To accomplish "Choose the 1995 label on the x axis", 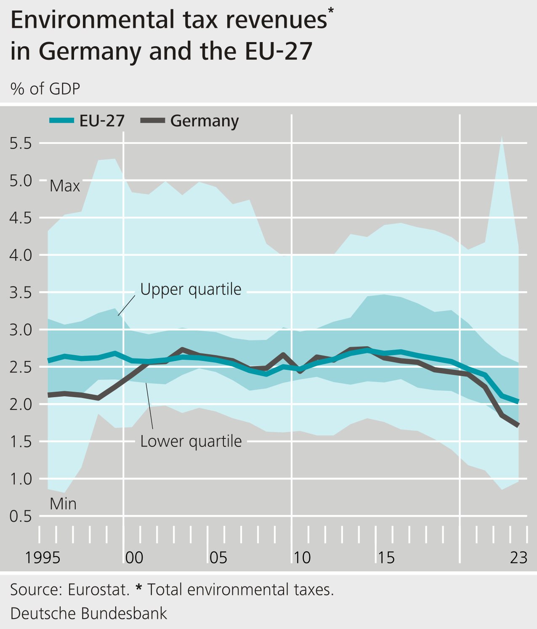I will click(43, 558).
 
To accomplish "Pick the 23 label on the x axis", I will click(518, 558).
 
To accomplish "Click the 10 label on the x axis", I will click(302, 558).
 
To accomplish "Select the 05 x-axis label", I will click(218, 558).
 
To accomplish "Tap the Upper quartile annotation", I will click(191, 289).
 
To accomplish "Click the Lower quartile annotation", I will click(191, 441).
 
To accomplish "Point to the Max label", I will click(65, 186).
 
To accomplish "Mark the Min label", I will click(63, 504).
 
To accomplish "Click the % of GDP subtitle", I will click(45, 89).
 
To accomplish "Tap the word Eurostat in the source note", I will click(98, 590).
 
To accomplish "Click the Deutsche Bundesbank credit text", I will click(88, 613).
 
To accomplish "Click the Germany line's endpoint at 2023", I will click(518, 425).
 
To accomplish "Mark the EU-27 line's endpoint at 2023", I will click(518, 402).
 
